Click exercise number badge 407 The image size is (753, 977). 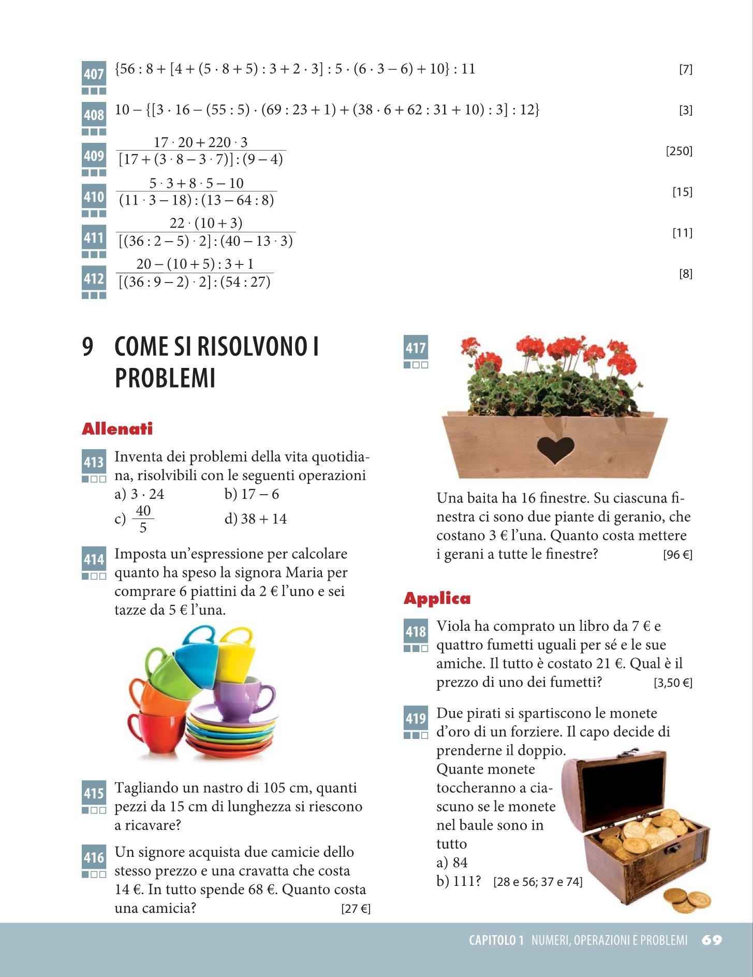coord(94,74)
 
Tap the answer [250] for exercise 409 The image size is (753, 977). coord(678,151)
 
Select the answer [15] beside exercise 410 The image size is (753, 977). coord(682,192)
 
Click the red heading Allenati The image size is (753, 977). coord(117,429)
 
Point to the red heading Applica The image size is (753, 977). coord(437,599)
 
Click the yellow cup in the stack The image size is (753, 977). coord(235,654)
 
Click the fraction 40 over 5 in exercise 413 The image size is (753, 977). coord(143,519)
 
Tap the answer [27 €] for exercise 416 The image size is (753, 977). coord(356,909)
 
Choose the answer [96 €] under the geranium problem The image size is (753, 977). coord(677,555)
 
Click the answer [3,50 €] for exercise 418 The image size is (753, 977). coord(673,683)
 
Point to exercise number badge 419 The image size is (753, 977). coord(416,718)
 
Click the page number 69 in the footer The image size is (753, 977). coord(712,940)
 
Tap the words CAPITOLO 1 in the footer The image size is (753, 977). coord(496,940)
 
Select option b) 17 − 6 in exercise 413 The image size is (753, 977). coord(252,494)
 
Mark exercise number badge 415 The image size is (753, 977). coord(94,793)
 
